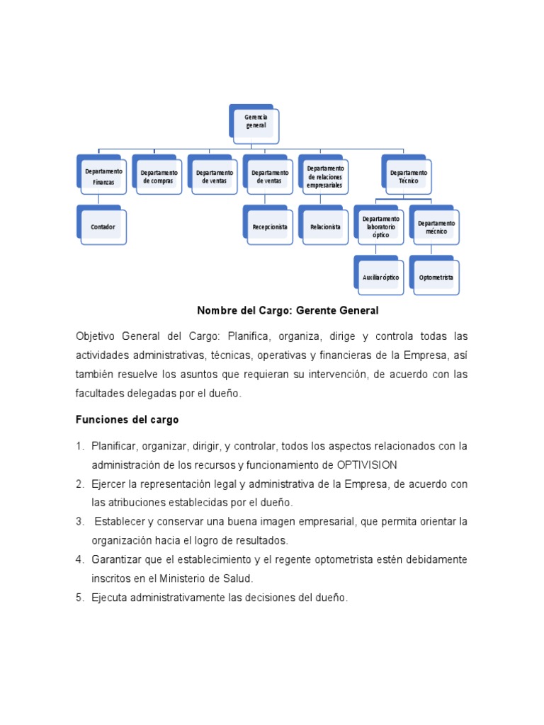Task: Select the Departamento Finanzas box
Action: point(103,176)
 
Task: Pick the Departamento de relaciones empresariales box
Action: point(324,176)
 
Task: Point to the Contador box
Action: point(103,227)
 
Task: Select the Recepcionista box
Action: point(270,227)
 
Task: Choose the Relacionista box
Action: point(325,227)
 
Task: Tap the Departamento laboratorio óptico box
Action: point(380,227)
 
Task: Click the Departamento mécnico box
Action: point(436,227)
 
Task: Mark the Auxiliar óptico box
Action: point(380,278)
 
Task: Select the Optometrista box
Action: point(436,278)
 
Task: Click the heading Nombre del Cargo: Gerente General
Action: point(288,310)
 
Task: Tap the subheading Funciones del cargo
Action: point(127,420)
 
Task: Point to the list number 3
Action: point(80,522)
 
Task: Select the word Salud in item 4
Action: point(237,578)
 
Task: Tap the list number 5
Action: point(80,598)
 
